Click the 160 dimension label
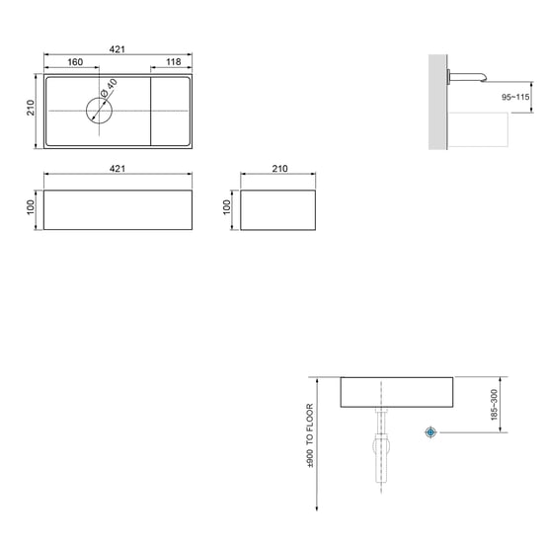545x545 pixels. (x=75, y=62)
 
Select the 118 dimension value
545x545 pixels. (x=174, y=61)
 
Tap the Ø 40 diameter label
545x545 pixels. (x=109, y=88)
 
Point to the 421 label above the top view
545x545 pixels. (x=117, y=49)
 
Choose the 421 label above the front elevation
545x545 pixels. (x=117, y=169)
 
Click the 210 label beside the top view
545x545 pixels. (x=31, y=108)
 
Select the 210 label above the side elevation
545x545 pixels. (x=279, y=169)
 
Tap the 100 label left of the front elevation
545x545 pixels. (x=31, y=207)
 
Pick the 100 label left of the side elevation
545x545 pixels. (x=227, y=207)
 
